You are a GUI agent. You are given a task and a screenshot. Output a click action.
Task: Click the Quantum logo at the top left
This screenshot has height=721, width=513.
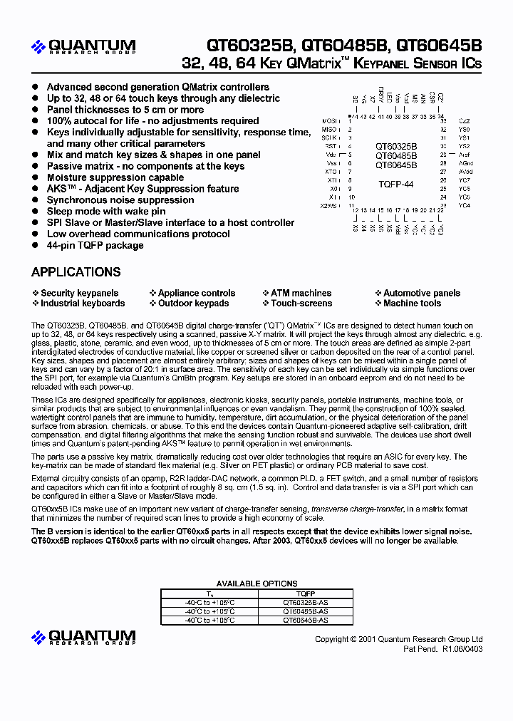83,47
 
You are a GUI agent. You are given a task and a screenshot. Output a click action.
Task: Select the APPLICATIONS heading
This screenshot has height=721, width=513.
76,272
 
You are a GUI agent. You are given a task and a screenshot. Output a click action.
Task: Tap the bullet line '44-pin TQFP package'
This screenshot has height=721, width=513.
95,245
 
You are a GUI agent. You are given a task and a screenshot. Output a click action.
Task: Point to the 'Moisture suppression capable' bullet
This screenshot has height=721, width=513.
115,177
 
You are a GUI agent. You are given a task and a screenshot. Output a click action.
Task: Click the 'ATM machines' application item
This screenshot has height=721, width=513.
301,293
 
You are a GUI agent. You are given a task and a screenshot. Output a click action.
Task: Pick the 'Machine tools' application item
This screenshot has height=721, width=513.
412,303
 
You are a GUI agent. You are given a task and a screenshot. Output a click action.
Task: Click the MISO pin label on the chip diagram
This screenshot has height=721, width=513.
329,130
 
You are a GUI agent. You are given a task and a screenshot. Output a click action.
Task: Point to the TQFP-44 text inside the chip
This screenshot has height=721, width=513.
395,184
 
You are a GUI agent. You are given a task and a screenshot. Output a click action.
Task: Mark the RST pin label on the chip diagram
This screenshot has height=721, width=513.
331,146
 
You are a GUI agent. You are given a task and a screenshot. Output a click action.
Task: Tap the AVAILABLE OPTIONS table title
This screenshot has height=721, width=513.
256,584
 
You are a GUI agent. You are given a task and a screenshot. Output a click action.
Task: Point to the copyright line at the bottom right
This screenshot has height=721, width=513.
399,639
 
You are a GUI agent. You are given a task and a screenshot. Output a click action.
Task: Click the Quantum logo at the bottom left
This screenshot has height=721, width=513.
83,637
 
